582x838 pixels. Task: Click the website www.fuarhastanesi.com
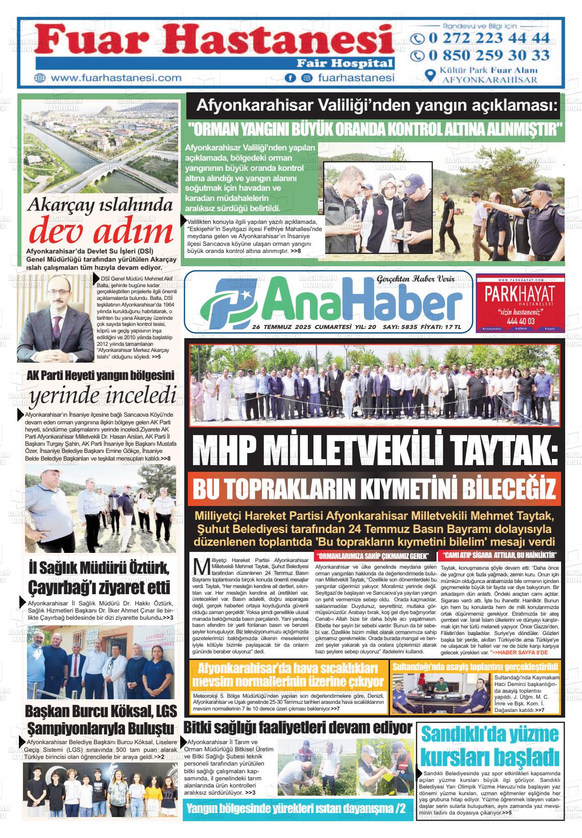tap(116, 78)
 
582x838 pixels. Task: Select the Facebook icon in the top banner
tap(290, 78)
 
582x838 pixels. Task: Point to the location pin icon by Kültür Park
tap(431, 74)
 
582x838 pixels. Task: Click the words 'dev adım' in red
tap(101, 232)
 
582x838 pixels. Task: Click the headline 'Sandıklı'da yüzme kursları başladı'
tap(490, 745)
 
